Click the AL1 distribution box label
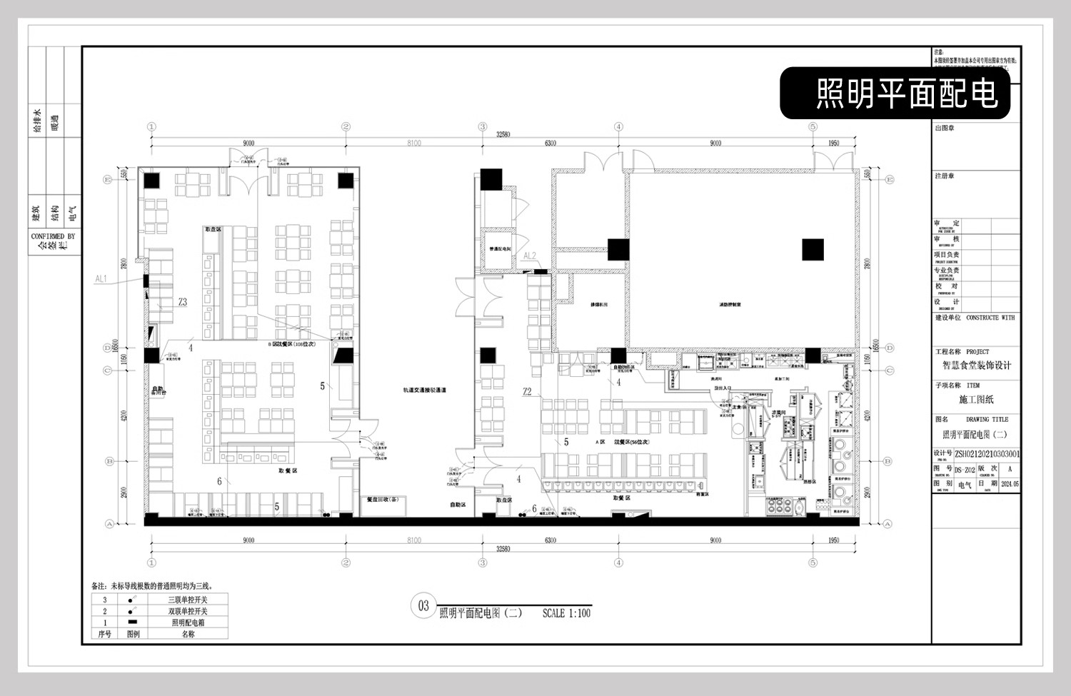(x=101, y=279)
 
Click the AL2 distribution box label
(x=529, y=256)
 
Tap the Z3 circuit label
(x=183, y=303)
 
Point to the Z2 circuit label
(x=527, y=391)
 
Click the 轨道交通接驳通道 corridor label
(x=424, y=390)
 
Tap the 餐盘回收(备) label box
(x=382, y=500)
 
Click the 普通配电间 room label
(x=500, y=249)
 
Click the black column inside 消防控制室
(x=813, y=250)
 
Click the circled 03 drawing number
(x=423, y=606)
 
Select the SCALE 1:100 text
(x=566, y=613)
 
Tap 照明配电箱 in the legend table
(x=188, y=622)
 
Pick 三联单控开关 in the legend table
(x=188, y=600)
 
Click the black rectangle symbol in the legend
(x=133, y=622)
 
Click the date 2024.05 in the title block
(x=1010, y=484)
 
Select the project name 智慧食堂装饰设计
(x=976, y=365)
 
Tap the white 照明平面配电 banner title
(x=907, y=94)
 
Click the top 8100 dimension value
(x=414, y=143)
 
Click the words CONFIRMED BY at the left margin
(x=53, y=236)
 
